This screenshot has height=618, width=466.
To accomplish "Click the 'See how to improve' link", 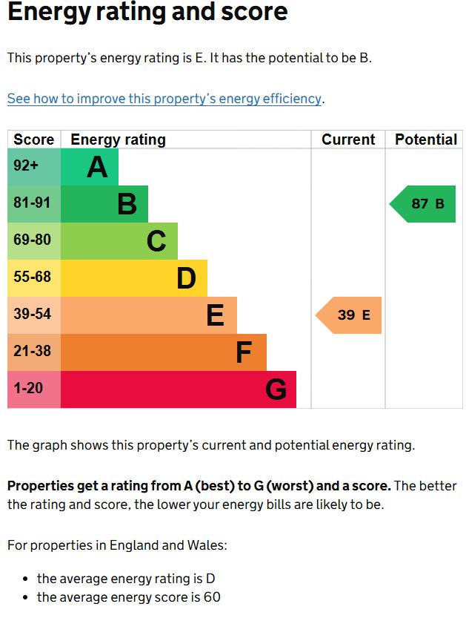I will pyautogui.click(x=165, y=99).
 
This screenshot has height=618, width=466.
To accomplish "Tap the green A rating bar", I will pyautogui.click(x=90, y=167).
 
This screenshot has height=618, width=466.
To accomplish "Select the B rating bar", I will pyautogui.click(x=104, y=204).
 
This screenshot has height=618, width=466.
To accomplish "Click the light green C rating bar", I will pyautogui.click(x=119, y=241).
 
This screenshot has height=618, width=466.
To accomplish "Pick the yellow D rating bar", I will pyautogui.click(x=134, y=278).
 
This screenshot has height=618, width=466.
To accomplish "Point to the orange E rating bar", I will pyautogui.click(x=149, y=315).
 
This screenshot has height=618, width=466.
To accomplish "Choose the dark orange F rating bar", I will pyautogui.click(x=164, y=352).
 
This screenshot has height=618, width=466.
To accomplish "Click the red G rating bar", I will pyautogui.click(x=179, y=389).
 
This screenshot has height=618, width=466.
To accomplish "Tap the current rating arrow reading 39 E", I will pyautogui.click(x=349, y=315).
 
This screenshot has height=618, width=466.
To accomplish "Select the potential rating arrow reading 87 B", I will pyautogui.click(x=424, y=204).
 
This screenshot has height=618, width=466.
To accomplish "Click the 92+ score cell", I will pyautogui.click(x=34, y=166).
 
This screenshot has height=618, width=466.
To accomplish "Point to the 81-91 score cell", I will pyautogui.click(x=34, y=203).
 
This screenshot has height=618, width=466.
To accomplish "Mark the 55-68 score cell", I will pyautogui.click(x=34, y=277).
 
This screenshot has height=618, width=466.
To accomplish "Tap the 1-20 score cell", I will pyautogui.click(x=34, y=389).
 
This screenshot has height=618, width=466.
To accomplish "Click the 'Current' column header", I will pyautogui.click(x=348, y=139).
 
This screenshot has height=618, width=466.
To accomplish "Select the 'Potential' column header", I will pyautogui.click(x=425, y=139).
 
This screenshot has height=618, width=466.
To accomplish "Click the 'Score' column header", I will pyautogui.click(x=34, y=139).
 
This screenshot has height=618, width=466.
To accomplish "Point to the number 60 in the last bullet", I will pyautogui.click(x=212, y=597).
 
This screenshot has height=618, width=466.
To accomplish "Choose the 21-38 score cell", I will pyautogui.click(x=34, y=352).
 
